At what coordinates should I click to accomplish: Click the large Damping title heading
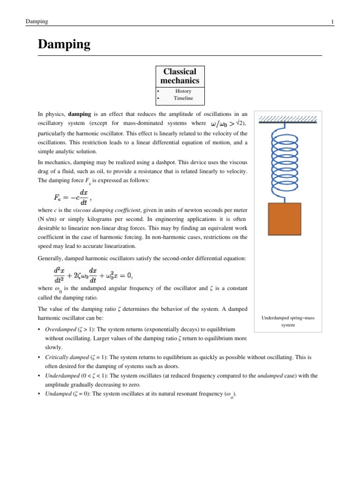(64, 45)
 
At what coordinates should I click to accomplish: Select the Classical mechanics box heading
(180, 76)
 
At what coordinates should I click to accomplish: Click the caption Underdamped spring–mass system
(288, 321)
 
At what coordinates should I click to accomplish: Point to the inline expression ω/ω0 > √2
(228, 123)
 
